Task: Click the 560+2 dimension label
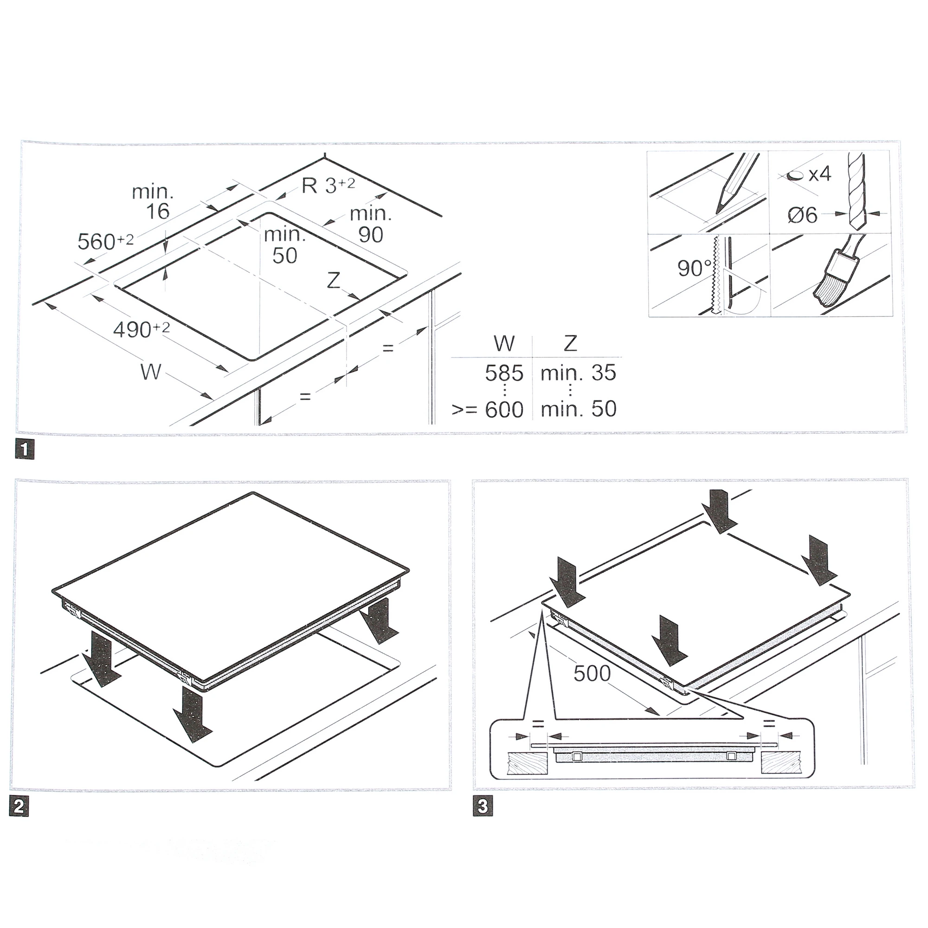pos(106,241)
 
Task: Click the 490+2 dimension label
pos(141,329)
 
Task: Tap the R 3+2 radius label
pos(329,185)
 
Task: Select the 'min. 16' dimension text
pos(153,202)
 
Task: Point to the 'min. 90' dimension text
pos(371,224)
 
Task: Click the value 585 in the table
pos(504,373)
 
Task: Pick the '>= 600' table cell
pos(488,409)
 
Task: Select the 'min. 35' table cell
pos(578,373)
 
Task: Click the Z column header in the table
pos(570,343)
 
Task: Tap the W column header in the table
pos(504,343)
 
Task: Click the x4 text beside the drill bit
pos(820,174)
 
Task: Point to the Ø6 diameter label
pos(803,215)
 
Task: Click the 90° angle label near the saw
pos(695,268)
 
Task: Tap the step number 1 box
pos(25,450)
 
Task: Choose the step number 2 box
pos(19,806)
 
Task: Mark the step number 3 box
pos(482,806)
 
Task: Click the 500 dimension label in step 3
pos(592,674)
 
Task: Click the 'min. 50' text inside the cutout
pos(285,245)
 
